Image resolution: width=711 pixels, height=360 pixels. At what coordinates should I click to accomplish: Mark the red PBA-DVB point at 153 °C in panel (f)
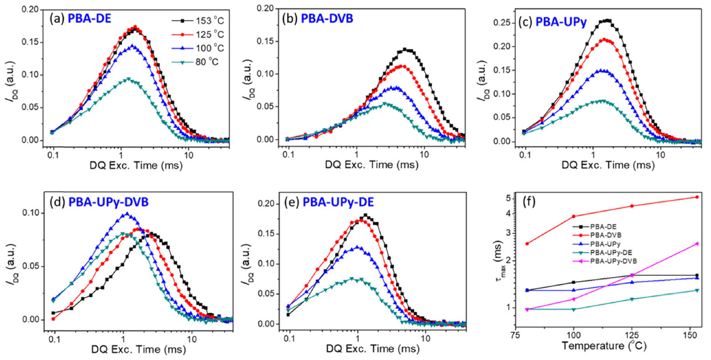tap(696, 197)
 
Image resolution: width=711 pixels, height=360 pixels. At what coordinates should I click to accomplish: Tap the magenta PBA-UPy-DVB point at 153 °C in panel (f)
tap(696, 244)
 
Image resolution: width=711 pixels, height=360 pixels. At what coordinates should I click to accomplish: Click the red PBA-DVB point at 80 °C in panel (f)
tap(528, 244)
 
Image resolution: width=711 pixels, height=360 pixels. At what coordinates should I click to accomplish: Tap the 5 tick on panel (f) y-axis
tap(509, 198)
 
